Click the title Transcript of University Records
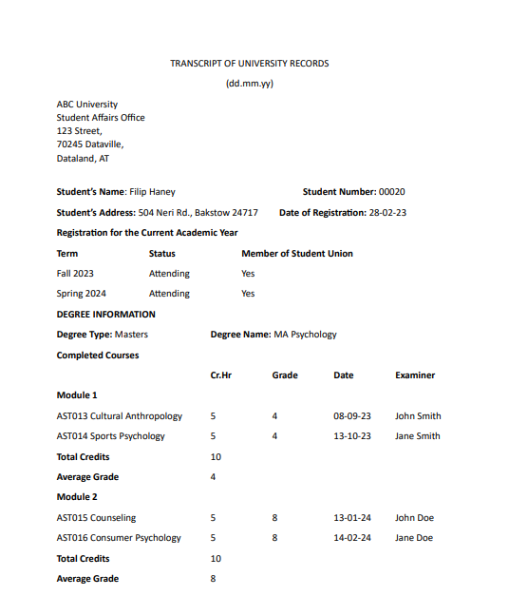250,63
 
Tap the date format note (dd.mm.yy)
250,84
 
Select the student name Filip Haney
152,192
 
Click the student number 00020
391,192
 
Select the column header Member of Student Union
296,254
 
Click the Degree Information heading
105,315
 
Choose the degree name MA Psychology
305,335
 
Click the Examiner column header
415,375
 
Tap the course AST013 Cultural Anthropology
119,416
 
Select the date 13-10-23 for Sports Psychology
352,436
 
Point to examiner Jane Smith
418,436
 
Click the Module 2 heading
77,497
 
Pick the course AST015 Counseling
96,518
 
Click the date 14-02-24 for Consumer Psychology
352,538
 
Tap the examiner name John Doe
414,518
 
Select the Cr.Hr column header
220,375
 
